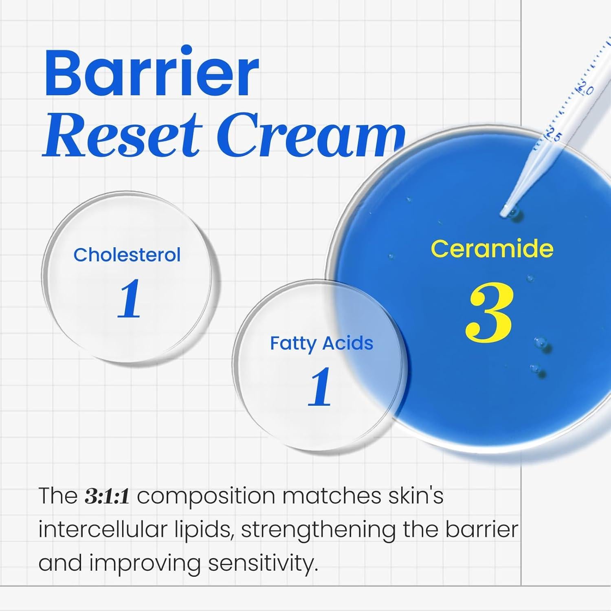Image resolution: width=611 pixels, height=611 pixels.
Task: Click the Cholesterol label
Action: [127, 255]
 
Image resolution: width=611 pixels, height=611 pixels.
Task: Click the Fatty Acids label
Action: [321, 343]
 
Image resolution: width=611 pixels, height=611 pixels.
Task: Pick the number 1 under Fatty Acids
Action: [320, 387]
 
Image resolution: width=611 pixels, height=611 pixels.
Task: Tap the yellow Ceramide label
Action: [492, 248]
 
